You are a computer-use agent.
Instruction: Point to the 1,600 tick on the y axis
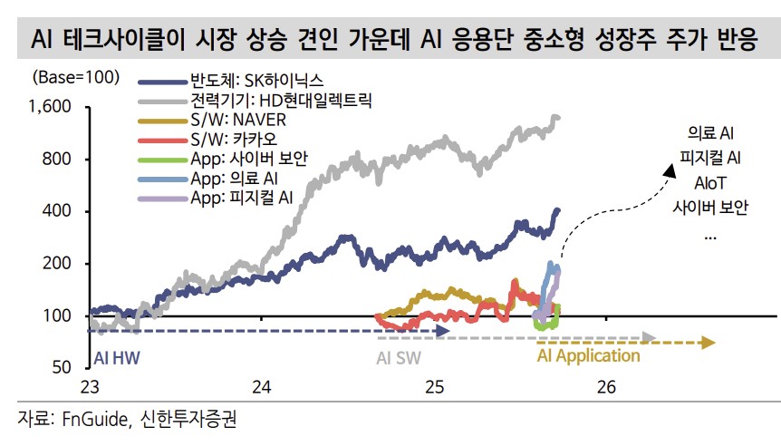[x=51, y=107]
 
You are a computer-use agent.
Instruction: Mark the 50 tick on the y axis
[x=61, y=367]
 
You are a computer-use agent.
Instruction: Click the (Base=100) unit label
[x=76, y=77]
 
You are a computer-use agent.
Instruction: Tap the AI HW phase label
[x=119, y=356]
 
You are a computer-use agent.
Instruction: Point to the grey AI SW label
[x=399, y=356]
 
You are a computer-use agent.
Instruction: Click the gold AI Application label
[x=588, y=355]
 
